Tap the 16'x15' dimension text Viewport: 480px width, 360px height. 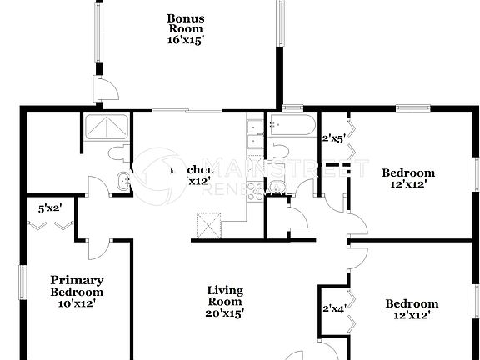(x=185, y=38)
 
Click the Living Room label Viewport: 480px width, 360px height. (x=225, y=296)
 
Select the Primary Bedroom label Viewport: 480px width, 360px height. (x=77, y=286)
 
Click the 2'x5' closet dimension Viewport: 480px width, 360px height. (x=333, y=138)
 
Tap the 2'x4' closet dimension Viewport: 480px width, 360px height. (x=333, y=309)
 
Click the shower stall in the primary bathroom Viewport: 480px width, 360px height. (x=105, y=130)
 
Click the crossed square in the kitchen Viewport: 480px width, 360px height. (x=207, y=225)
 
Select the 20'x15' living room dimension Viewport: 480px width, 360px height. (x=225, y=314)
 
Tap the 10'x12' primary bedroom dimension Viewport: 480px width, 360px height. (x=77, y=302)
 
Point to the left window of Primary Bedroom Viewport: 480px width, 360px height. (x=23, y=291)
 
